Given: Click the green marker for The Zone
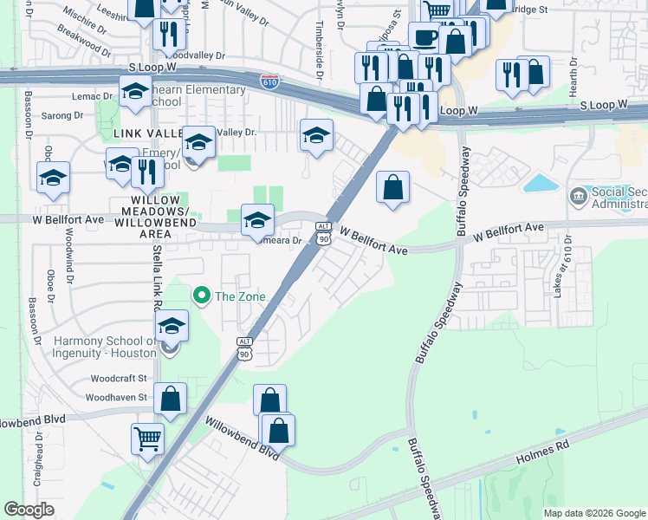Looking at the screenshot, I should pyautogui.click(x=202, y=297).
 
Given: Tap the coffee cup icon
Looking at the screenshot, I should pyautogui.click(x=424, y=37).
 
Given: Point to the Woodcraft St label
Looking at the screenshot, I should pyautogui.click(x=120, y=379).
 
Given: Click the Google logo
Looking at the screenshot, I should pyautogui.click(x=29, y=510).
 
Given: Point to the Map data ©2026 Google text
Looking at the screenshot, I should pyautogui.click(x=593, y=513).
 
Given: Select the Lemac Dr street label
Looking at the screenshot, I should pyautogui.click(x=95, y=97).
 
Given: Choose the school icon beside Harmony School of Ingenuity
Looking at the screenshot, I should pyautogui.click(x=172, y=327).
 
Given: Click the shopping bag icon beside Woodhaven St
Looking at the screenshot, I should pyautogui.click(x=170, y=400).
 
